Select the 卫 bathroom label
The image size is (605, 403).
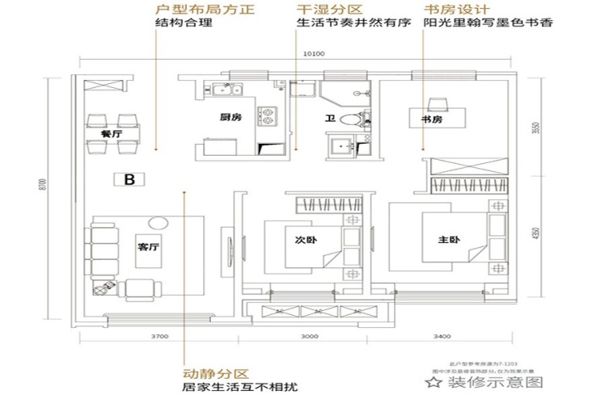(x=329, y=119)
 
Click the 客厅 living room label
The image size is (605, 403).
(x=147, y=248)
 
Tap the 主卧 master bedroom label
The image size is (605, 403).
(x=449, y=240)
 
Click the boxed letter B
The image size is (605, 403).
(x=128, y=180)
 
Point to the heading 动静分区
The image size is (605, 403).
(x=214, y=373)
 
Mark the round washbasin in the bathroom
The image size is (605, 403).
(x=349, y=121)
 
